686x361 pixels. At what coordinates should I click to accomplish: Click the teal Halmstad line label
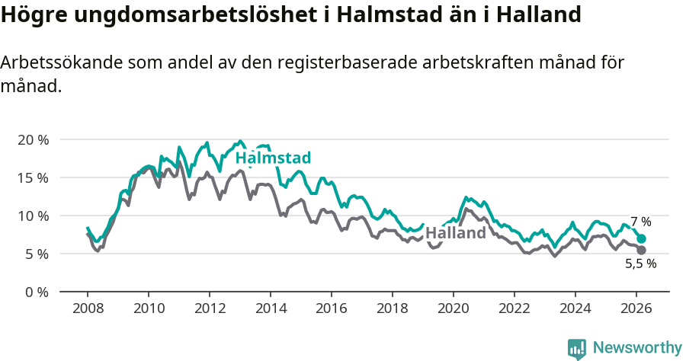pos(273,158)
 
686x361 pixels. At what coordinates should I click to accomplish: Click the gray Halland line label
pos(455,233)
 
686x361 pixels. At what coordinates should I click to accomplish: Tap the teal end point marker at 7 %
pos(641,238)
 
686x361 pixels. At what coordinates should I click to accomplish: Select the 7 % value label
pos(640,222)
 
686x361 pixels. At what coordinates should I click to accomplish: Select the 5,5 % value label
pos(640,264)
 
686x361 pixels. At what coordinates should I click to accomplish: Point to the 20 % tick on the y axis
pos(33,140)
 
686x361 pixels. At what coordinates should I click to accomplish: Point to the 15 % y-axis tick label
pos(33,177)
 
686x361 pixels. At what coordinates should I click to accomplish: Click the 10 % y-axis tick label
pos(33,216)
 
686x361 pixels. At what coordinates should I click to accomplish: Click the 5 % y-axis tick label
pos(36,254)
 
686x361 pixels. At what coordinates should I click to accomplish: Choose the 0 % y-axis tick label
pos(36,292)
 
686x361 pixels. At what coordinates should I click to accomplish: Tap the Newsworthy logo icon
pos(577,348)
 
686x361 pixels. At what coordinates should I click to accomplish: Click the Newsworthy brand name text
pos(636,348)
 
